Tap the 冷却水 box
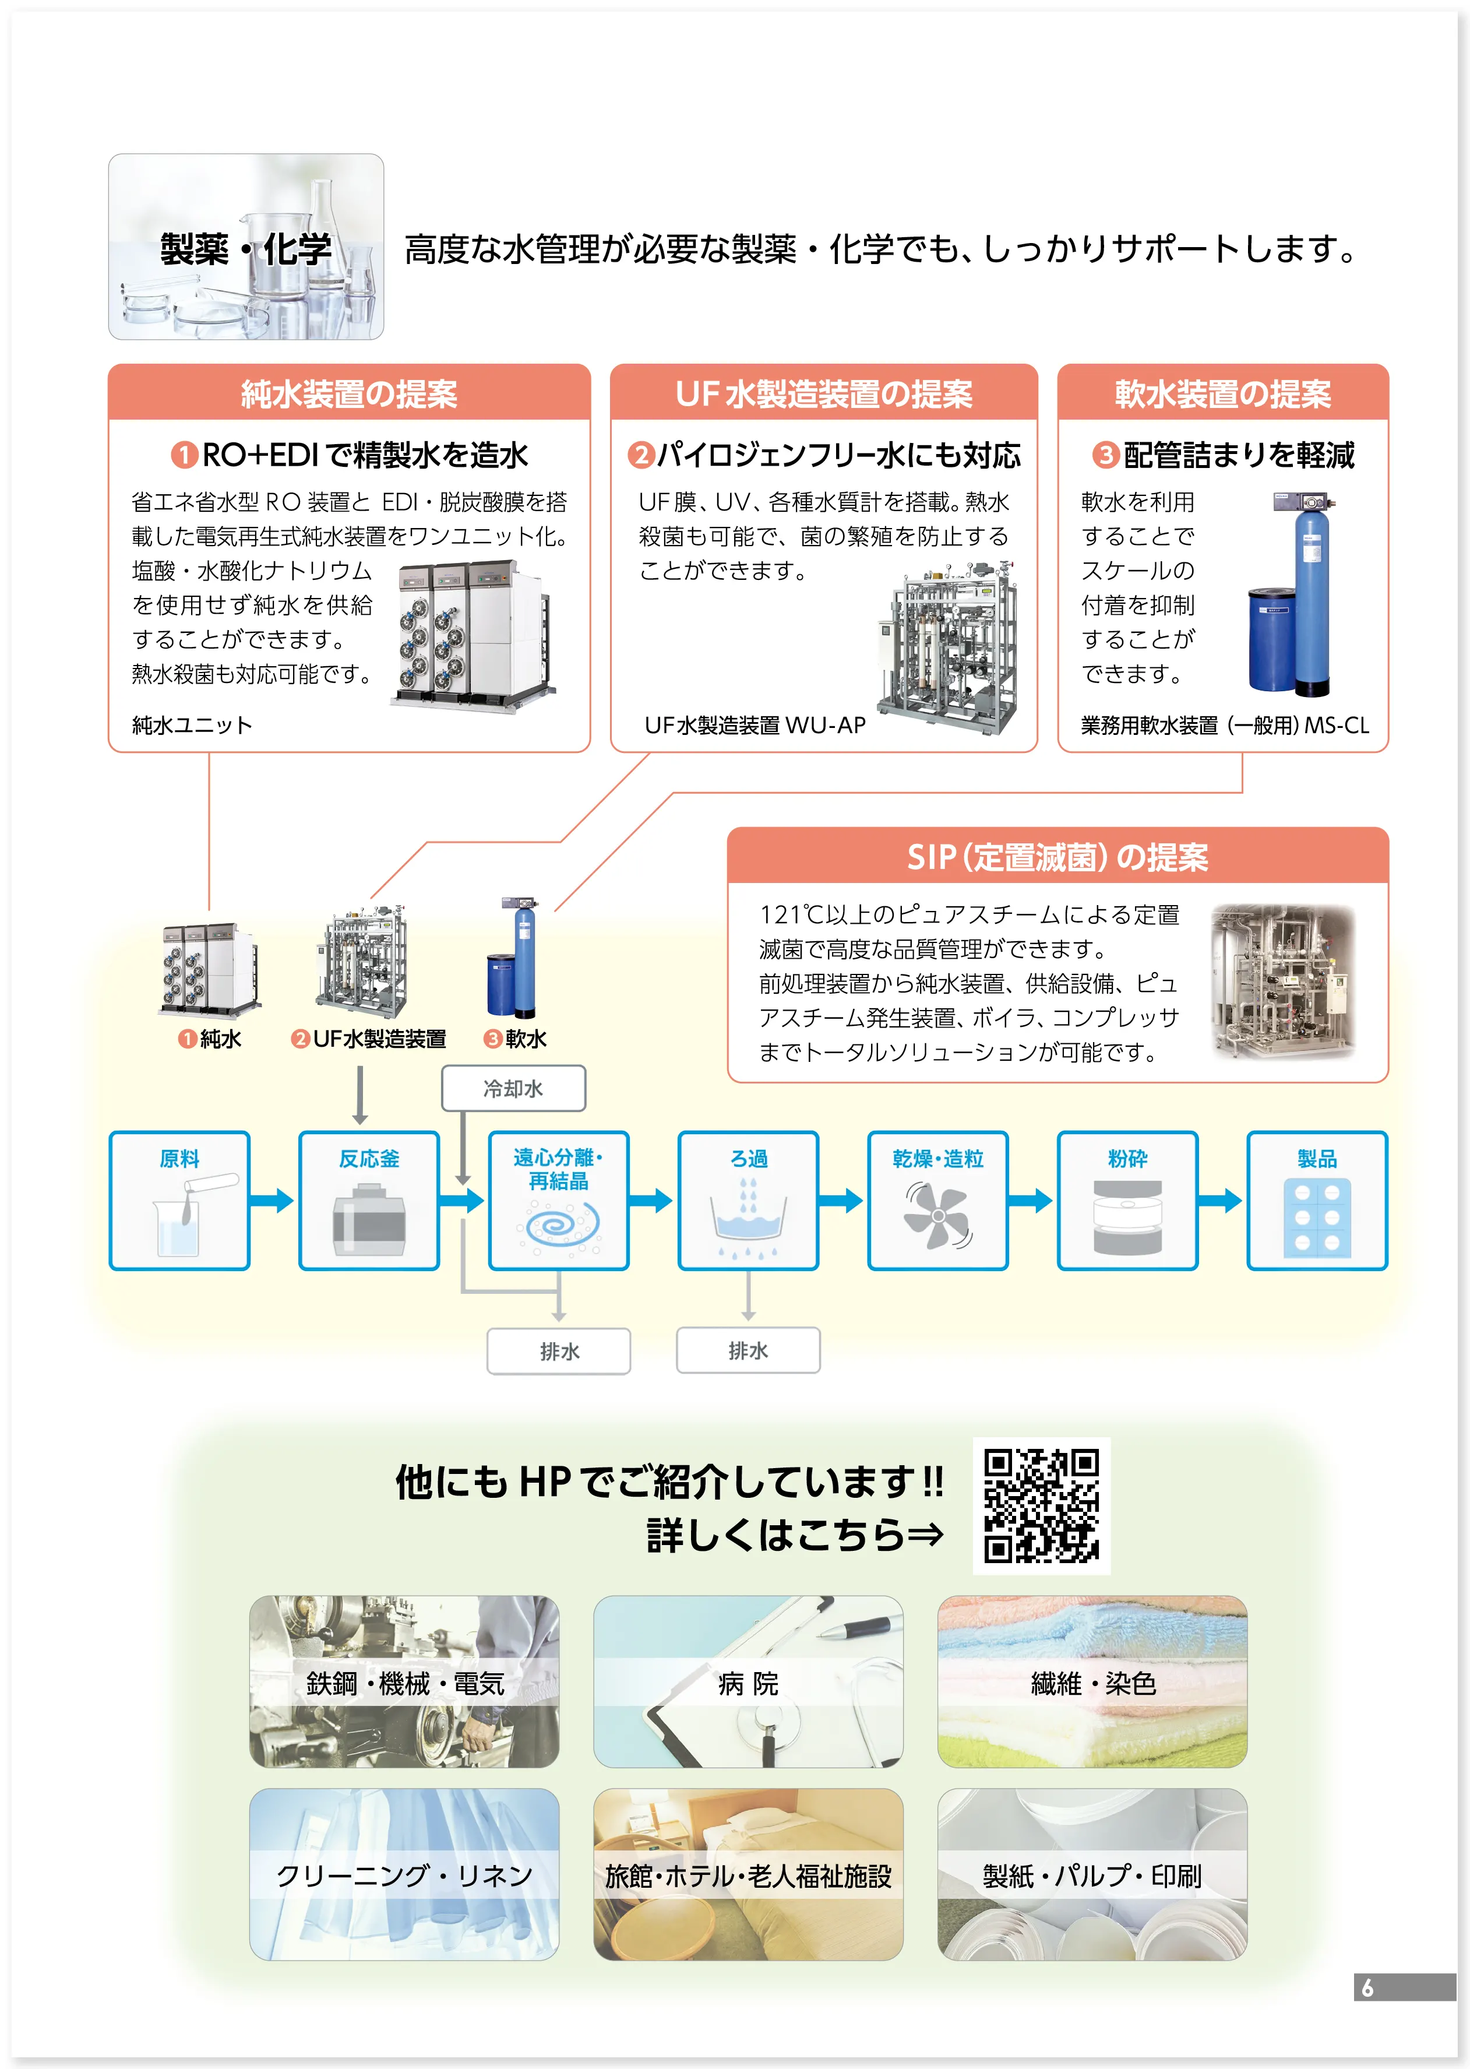[513, 1088]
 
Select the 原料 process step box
[179, 1200]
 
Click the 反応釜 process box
[369, 1200]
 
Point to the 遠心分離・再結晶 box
[559, 1200]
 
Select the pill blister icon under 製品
[1316, 1218]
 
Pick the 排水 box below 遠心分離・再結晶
[559, 1351]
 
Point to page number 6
[1367, 1987]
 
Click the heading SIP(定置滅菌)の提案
[1057, 857]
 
